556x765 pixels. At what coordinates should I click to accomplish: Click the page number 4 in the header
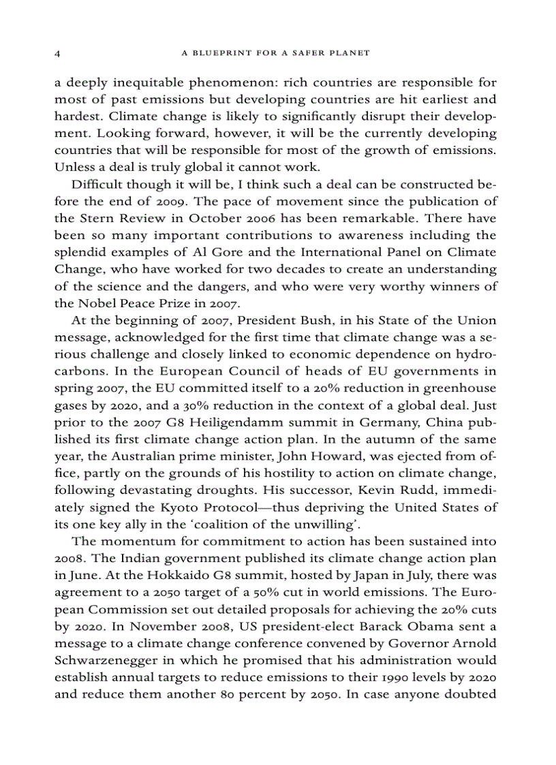(x=58, y=52)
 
